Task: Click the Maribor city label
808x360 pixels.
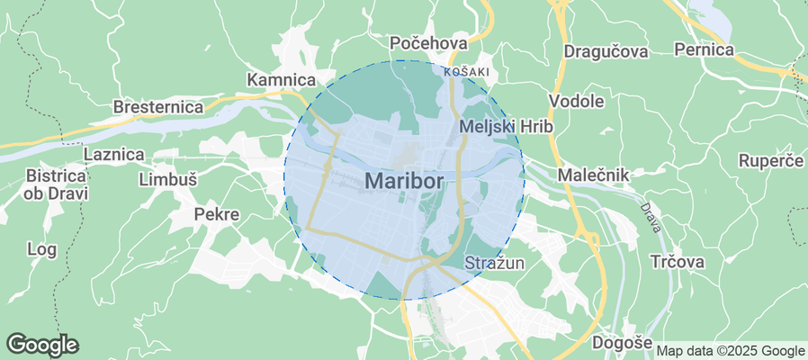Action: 406,180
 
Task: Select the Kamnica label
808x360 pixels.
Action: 279,79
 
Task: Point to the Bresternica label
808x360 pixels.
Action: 157,107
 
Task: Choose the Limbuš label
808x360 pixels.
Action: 168,179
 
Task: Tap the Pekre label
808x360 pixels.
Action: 217,215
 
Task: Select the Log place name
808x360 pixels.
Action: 42,248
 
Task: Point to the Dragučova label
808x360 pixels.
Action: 606,51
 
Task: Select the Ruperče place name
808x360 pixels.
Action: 770,161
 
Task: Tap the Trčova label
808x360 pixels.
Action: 677,262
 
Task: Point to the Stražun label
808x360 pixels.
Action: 495,263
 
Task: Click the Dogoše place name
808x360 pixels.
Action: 622,343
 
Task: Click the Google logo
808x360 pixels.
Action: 42,344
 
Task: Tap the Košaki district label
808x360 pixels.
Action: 466,71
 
